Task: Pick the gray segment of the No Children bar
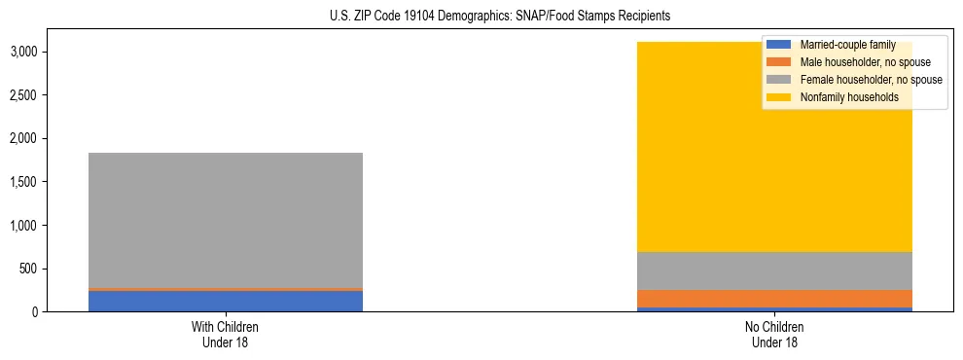tap(774, 270)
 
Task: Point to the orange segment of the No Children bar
tap(774, 299)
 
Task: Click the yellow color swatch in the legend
tap(779, 97)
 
